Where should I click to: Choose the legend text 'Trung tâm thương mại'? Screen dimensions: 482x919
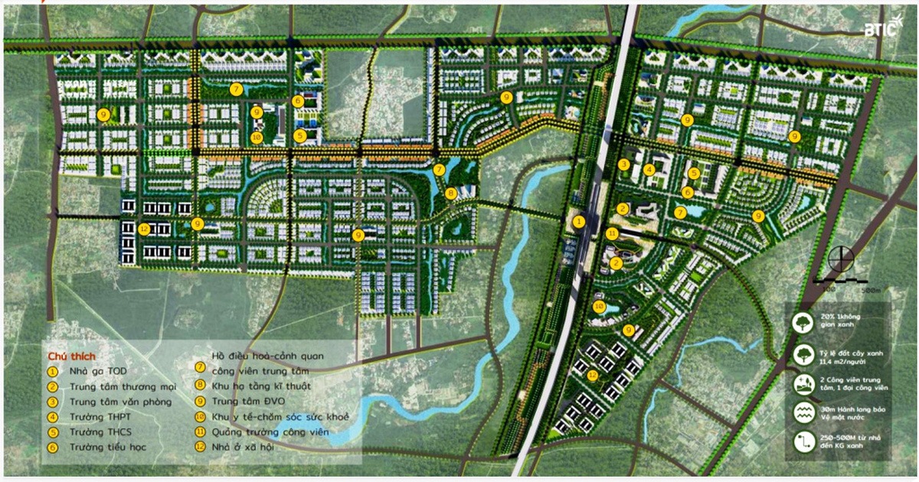tap(123, 386)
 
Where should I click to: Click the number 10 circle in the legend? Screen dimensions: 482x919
tap(200, 416)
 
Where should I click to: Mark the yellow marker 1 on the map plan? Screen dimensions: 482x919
tap(580, 221)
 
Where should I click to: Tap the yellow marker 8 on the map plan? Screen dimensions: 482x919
tap(451, 193)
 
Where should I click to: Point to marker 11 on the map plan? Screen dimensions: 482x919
tap(612, 233)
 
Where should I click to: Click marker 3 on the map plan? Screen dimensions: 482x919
tap(624, 164)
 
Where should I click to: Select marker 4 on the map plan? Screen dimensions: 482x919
tap(649, 170)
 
